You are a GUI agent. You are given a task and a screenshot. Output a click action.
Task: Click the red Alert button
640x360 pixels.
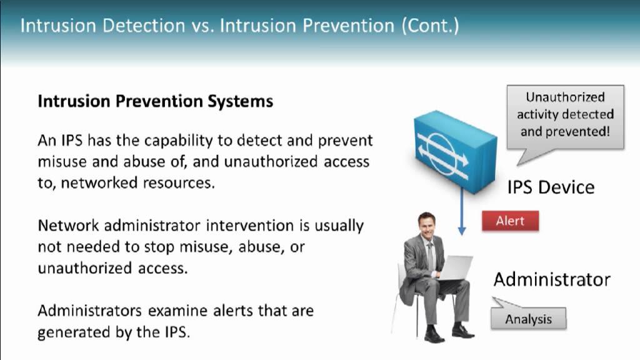510,221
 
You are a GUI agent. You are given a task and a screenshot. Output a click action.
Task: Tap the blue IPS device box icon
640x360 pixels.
455,151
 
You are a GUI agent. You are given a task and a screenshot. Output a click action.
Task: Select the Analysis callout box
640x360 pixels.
529,317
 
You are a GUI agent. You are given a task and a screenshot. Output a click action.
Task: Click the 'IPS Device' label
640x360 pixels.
551,187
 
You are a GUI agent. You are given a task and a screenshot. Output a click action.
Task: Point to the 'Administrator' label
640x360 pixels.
552,279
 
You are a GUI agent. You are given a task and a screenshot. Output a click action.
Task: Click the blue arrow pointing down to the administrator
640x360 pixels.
462,211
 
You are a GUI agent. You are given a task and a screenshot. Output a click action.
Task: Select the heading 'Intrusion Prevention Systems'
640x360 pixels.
156,101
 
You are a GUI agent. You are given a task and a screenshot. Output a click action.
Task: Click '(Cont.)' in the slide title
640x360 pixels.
430,26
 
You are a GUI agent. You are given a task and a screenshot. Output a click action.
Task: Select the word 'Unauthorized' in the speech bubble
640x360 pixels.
565,97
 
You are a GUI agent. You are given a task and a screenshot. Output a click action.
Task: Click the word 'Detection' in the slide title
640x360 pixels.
144,26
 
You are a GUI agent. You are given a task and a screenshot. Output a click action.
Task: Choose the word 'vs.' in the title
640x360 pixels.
203,26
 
